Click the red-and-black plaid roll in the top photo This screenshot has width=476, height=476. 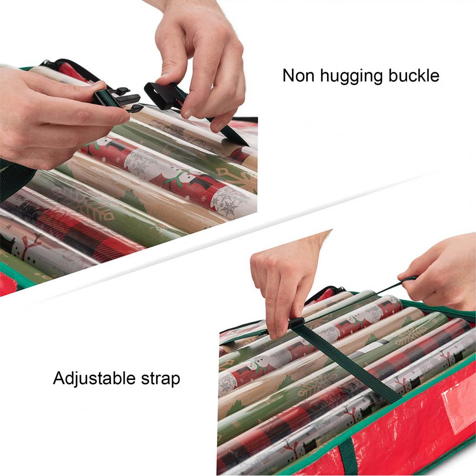coord(71,223)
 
